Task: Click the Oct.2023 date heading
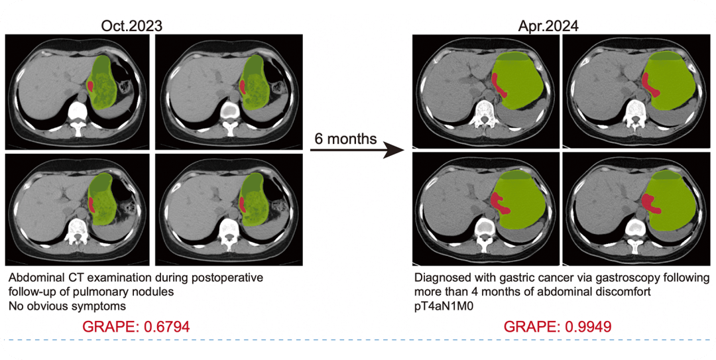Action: click(x=131, y=26)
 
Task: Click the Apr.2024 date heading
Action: click(x=548, y=26)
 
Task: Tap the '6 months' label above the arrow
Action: click(x=345, y=139)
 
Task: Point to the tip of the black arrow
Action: click(x=406, y=150)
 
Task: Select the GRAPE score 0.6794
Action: click(x=136, y=327)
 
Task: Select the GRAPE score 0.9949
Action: click(x=558, y=327)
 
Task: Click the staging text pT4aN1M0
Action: click(x=444, y=306)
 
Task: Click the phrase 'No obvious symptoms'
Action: click(x=67, y=306)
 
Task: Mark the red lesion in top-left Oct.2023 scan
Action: click(x=91, y=86)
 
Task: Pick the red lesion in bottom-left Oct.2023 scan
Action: click(x=91, y=204)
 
